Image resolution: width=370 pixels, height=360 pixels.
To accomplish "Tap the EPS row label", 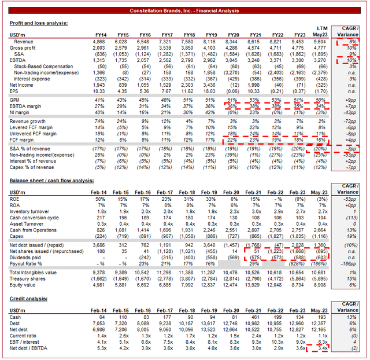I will coord(14,91).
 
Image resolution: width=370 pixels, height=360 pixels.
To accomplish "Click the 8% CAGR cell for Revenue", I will coord(350,42).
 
